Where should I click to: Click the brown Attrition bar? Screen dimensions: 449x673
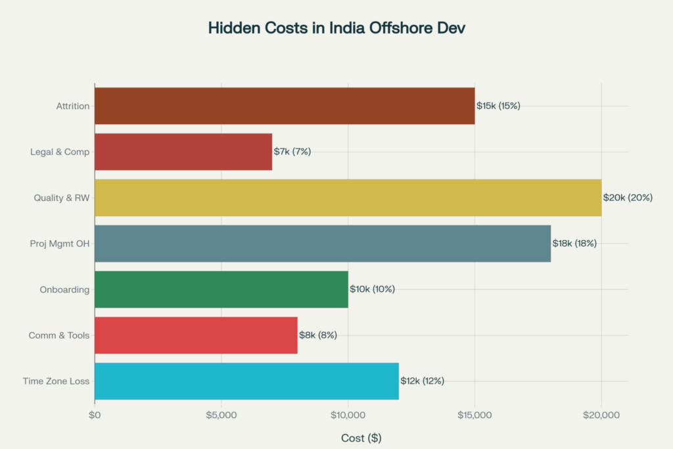click(x=284, y=106)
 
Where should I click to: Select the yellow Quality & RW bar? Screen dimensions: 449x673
click(x=348, y=198)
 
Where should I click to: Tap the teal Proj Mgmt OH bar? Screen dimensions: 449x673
click(x=322, y=243)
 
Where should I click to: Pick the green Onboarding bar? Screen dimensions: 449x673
click(x=221, y=289)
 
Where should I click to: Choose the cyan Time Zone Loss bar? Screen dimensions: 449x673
click(x=246, y=381)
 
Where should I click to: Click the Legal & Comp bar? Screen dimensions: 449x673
click(x=183, y=152)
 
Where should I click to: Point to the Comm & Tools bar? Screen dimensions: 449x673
click(x=196, y=335)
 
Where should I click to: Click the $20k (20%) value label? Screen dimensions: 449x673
click(x=628, y=198)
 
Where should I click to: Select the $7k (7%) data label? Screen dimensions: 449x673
click(x=292, y=152)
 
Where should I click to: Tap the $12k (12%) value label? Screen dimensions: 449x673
click(x=422, y=381)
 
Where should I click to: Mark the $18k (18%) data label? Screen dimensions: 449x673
click(x=574, y=243)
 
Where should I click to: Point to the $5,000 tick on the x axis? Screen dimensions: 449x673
click(x=221, y=415)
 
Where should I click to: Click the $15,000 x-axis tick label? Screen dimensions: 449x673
click(x=475, y=415)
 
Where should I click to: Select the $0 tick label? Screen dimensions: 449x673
click(x=95, y=415)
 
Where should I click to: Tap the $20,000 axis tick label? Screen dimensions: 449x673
click(x=601, y=415)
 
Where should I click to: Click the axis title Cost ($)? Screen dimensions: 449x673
click(x=361, y=438)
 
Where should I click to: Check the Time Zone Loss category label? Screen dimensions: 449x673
click(x=56, y=381)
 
